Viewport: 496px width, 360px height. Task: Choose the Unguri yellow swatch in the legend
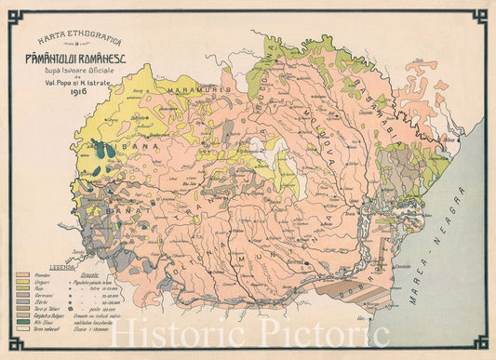23,283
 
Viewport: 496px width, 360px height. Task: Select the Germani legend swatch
23,296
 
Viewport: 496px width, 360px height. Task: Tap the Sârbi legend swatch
23,302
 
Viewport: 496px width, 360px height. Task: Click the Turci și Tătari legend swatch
23,309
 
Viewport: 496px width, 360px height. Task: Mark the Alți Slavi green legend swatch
23,322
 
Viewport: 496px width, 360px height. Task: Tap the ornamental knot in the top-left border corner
13,13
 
